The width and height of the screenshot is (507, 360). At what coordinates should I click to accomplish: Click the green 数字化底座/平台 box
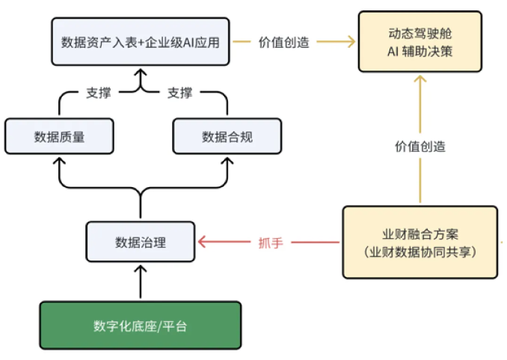click(141, 326)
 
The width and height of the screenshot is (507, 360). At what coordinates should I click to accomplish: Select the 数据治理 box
click(141, 242)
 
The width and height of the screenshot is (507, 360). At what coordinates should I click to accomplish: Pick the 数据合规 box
click(226, 136)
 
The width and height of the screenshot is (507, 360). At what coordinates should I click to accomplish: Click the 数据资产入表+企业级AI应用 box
click(141, 42)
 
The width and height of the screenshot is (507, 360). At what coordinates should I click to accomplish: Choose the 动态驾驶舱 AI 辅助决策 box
click(420, 42)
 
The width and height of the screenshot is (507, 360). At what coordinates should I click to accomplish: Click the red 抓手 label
click(270, 242)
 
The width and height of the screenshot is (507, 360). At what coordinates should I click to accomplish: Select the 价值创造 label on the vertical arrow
click(420, 146)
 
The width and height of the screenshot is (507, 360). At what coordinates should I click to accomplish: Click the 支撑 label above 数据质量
click(98, 94)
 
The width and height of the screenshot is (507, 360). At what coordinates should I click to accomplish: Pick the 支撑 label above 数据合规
click(180, 94)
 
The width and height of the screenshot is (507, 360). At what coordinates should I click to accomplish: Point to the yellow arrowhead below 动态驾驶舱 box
click(420, 79)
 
